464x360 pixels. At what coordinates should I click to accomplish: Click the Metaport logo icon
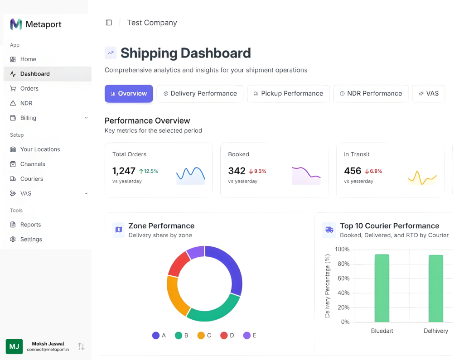pos(16,24)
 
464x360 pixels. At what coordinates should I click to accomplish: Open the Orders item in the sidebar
pos(29,88)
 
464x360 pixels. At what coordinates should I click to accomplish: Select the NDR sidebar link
pos(26,103)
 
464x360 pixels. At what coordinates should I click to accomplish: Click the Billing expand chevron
pos(86,118)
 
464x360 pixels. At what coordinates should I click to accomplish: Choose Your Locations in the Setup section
pos(40,149)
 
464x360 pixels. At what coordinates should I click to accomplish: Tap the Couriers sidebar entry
pos(31,179)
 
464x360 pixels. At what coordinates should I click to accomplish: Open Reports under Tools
pos(30,225)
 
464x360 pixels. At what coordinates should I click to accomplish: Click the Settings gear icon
pos(13,240)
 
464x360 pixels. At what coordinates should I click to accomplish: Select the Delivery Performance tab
pos(200,94)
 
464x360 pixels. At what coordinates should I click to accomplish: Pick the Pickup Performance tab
pos(288,94)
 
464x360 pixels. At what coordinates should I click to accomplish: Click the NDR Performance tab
pos(371,94)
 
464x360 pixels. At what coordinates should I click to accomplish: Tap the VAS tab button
pos(428,94)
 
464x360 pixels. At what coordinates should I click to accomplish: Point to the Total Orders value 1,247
pos(124,171)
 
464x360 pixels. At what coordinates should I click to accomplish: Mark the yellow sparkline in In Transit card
pos(422,177)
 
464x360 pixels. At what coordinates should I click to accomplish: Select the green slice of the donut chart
pos(213,310)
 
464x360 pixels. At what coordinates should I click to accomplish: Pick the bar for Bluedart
pos(382,288)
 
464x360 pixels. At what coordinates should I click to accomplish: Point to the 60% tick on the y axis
pos(342,278)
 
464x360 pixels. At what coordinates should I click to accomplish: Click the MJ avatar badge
pos(14,346)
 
